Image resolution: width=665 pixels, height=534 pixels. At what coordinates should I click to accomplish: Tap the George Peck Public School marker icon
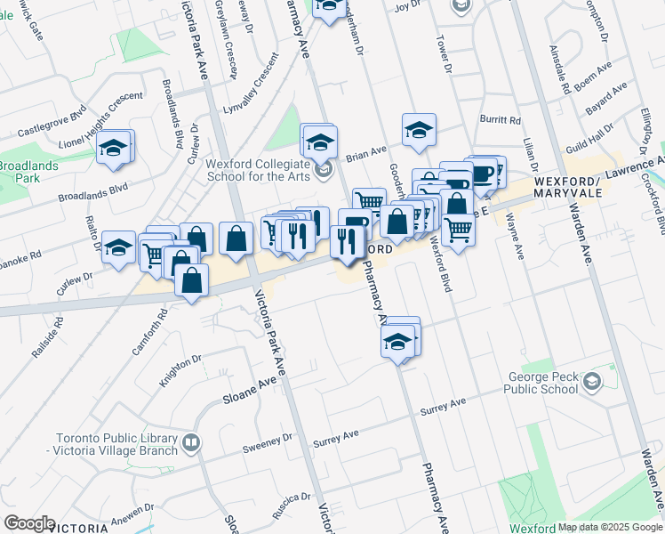(x=591, y=383)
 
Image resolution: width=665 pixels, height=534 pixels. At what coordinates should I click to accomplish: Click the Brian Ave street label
(x=366, y=152)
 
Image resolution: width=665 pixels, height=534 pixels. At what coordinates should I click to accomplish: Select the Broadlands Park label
(x=28, y=172)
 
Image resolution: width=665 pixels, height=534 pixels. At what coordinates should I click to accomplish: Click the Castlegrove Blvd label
(x=51, y=125)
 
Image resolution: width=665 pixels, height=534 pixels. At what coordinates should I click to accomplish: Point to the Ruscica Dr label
(x=292, y=498)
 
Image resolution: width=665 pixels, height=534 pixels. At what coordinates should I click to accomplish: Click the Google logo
(x=29, y=523)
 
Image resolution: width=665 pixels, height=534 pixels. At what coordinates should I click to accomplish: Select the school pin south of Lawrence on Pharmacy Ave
(x=399, y=340)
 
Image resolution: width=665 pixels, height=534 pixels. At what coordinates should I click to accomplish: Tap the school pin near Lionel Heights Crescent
(x=115, y=149)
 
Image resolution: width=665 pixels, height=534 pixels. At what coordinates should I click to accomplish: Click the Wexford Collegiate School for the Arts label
(x=258, y=170)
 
